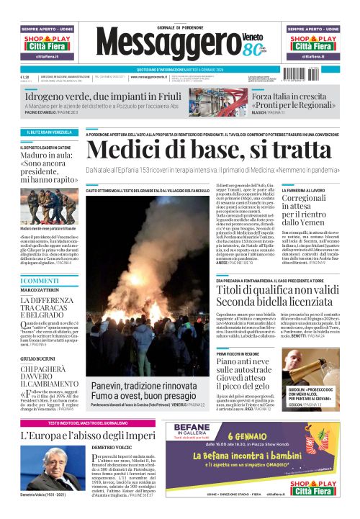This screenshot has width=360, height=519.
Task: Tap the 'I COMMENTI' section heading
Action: click(40, 280)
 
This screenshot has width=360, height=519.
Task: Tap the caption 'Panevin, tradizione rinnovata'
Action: click(143, 387)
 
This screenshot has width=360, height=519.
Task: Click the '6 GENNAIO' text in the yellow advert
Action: click(273, 435)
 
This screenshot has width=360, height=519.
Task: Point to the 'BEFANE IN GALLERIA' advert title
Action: click(170, 429)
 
